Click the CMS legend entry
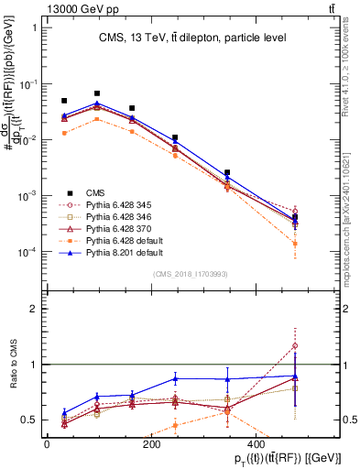click(96, 191)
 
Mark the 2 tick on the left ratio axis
click(34, 309)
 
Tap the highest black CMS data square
click(97, 93)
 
